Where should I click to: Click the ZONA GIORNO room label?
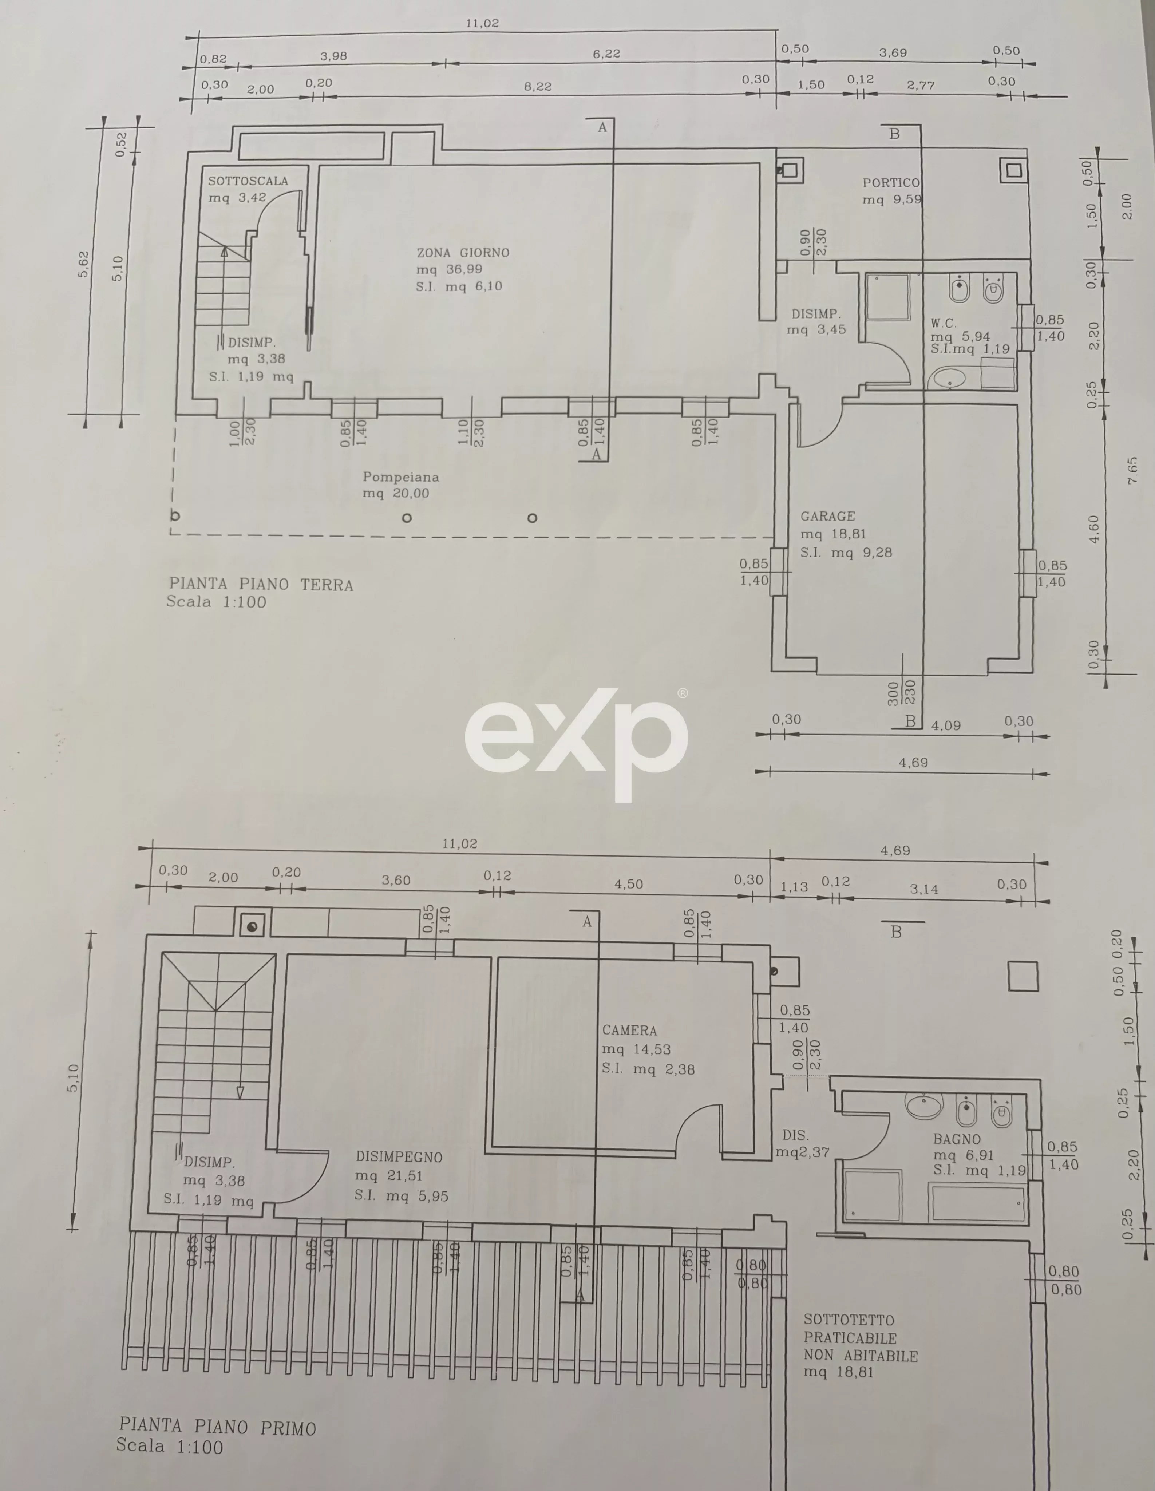463,253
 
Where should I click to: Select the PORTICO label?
891,183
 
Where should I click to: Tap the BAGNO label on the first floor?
957,1139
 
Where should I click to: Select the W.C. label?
944,323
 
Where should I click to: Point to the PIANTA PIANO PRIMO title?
218,1427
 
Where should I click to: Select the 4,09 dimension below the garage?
946,725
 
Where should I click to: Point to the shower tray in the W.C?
887,297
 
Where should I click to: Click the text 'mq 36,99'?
449,269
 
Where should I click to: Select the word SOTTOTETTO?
849,1320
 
